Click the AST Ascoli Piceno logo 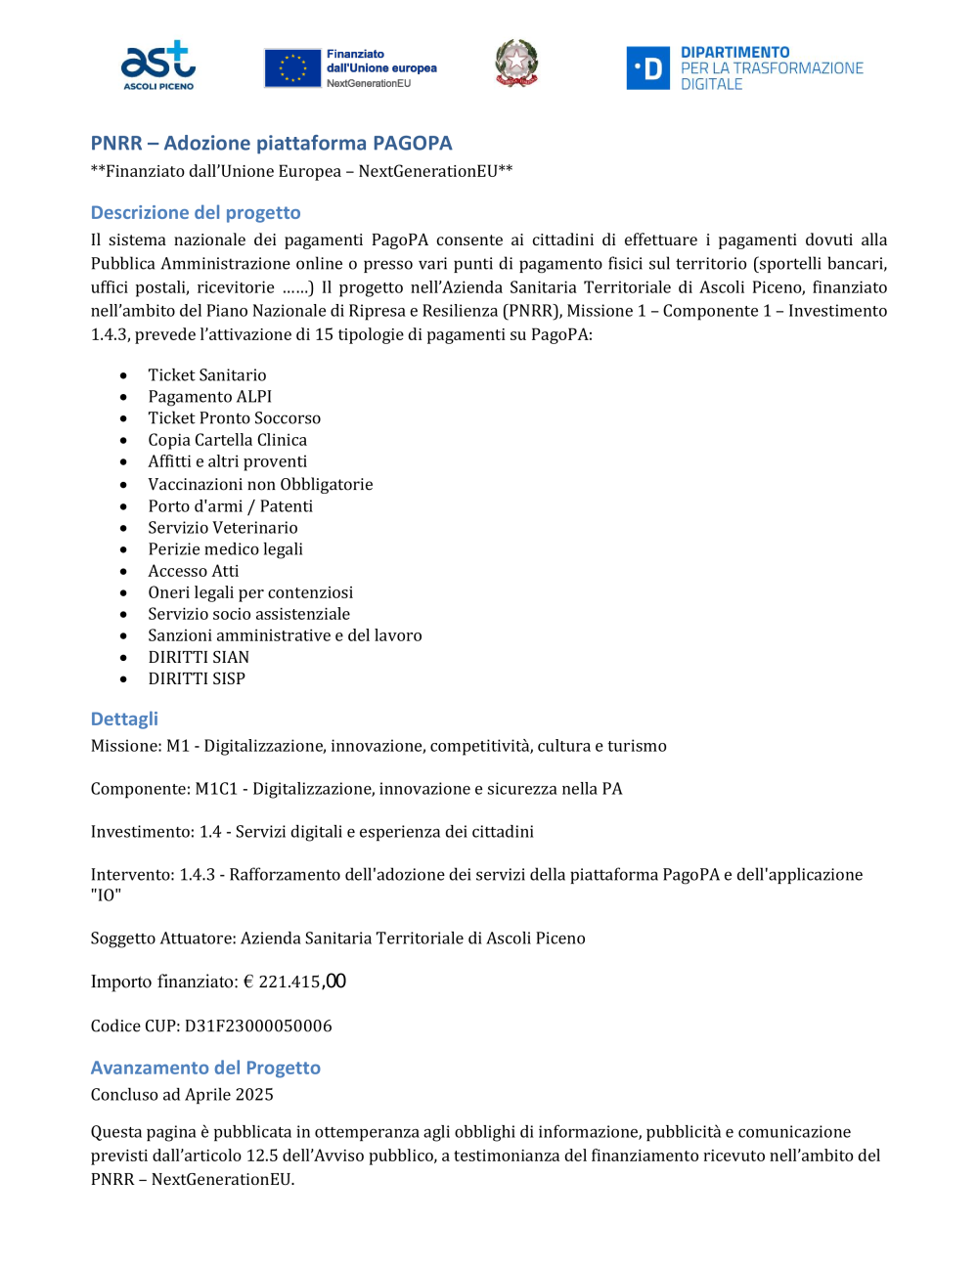click(x=157, y=65)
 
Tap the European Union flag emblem click(x=292, y=68)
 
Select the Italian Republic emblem click(x=516, y=64)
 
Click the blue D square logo click(x=647, y=68)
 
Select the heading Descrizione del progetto click(x=196, y=213)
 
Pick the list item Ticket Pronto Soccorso click(x=234, y=418)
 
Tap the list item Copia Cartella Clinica click(x=227, y=440)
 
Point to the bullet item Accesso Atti click(x=193, y=571)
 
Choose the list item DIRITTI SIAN click(x=199, y=657)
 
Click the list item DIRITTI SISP click(x=197, y=678)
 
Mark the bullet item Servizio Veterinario click(x=222, y=528)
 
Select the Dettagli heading click(x=124, y=720)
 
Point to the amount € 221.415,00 click(x=294, y=981)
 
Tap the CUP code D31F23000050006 click(x=258, y=1026)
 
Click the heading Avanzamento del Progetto click(x=205, y=1069)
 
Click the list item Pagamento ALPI click(x=209, y=397)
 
